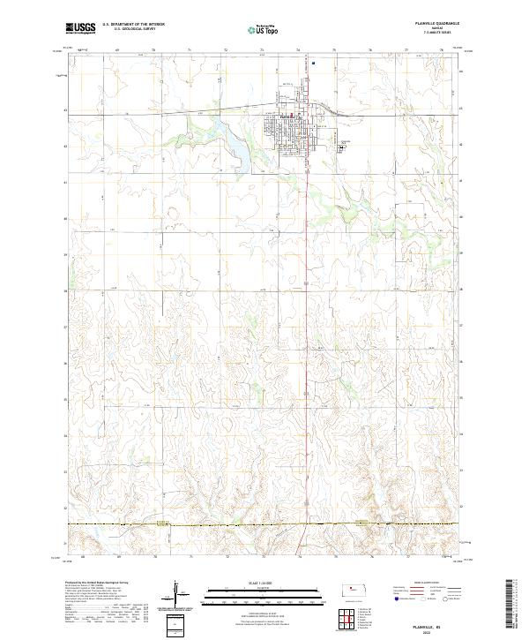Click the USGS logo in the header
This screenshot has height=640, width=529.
(81, 28)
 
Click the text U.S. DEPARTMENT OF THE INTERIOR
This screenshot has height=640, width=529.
(132, 25)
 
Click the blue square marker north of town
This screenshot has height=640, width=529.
(313, 63)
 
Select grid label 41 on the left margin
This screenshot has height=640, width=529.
(65, 182)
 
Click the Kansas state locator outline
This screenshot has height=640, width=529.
(356, 589)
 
